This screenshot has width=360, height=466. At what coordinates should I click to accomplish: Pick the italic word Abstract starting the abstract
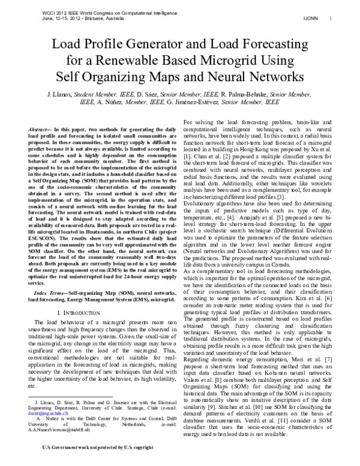pos(41,130)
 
